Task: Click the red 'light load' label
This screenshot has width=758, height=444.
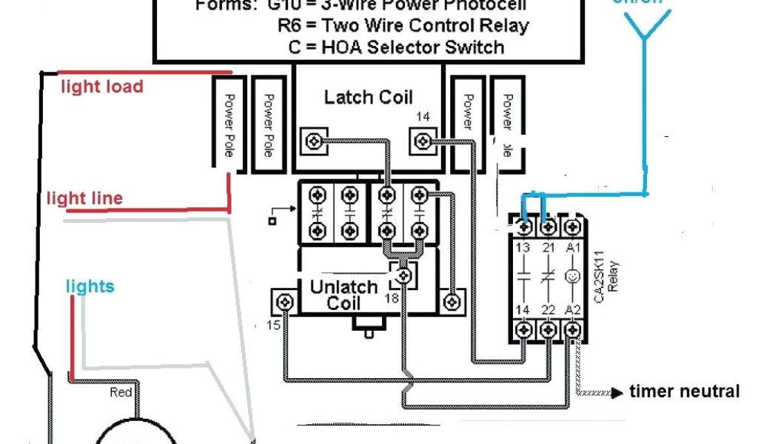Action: click(x=101, y=87)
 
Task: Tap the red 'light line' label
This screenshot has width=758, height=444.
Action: click(x=84, y=198)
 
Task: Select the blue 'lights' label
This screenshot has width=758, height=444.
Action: click(x=90, y=286)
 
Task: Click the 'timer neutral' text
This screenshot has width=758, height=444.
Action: click(x=684, y=391)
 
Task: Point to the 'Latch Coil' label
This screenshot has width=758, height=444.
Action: click(x=369, y=97)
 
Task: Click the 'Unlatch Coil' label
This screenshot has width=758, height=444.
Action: click(x=343, y=295)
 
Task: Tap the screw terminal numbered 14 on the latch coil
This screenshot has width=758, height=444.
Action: click(x=423, y=138)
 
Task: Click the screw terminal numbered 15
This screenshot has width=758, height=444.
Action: click(x=284, y=302)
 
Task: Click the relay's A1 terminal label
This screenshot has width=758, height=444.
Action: click(x=571, y=246)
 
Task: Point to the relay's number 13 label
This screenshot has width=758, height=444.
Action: click(x=524, y=246)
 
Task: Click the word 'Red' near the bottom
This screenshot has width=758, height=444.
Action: click(x=121, y=392)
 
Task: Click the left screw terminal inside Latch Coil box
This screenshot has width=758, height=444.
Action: click(x=315, y=138)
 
